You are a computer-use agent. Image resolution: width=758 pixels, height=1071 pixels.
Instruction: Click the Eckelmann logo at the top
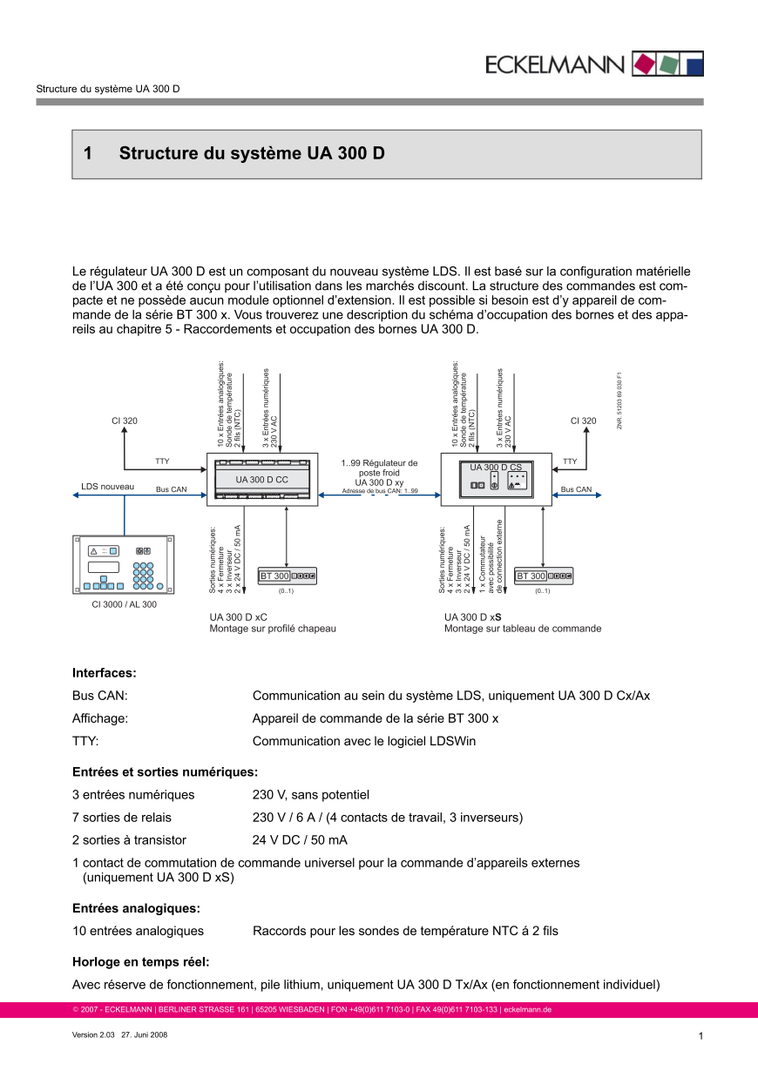pos(595,64)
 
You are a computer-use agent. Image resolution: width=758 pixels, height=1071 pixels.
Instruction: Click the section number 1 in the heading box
pos(88,154)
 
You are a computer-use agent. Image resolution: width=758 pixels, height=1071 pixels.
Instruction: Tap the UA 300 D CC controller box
pos(261,479)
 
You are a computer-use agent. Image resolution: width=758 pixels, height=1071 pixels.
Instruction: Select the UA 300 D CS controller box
pos(496,479)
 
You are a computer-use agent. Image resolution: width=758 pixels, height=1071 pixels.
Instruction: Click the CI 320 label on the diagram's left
pos(125,421)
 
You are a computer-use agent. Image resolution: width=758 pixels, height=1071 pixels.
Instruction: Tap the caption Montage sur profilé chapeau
pos(273,628)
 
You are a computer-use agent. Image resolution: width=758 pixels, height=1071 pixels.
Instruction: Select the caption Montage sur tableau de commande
pos(523,628)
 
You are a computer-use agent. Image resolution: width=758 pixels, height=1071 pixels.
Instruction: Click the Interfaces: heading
pos(105,673)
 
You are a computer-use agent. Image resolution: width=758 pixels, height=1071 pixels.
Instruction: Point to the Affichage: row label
pos(100,718)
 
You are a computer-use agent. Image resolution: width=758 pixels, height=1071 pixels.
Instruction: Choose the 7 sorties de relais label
pos(122,818)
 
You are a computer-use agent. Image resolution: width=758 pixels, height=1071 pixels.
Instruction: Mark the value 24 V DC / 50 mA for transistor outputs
pos(300,840)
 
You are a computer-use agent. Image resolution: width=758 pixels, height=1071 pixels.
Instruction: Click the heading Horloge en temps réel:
pos(141,962)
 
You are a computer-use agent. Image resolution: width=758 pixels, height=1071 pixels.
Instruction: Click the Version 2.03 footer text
pos(92,1035)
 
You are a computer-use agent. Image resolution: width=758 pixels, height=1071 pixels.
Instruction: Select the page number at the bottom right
pos(700,1036)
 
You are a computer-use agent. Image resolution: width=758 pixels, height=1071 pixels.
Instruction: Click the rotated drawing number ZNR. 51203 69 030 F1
pos(619,401)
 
